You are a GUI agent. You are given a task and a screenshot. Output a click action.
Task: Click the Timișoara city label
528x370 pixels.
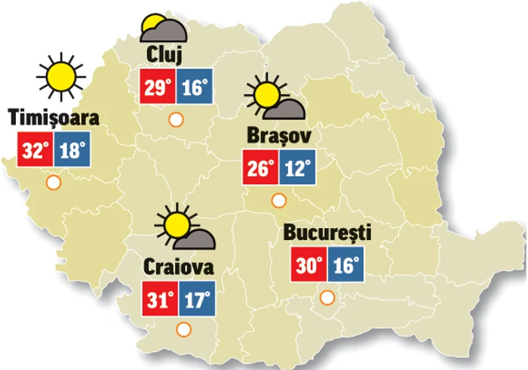click(x=54, y=118)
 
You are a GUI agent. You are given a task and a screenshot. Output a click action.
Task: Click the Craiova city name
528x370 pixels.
click(x=178, y=268)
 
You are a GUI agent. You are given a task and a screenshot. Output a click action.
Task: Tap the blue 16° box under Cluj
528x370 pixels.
click(x=194, y=87)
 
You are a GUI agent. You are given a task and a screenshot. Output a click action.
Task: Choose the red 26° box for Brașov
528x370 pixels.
click(x=260, y=167)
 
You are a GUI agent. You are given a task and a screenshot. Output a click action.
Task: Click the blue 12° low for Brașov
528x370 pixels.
click(x=296, y=167)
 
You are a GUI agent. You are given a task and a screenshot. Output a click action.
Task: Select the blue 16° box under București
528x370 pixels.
click(x=345, y=266)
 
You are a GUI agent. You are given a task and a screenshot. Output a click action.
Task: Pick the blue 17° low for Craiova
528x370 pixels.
click(x=197, y=299)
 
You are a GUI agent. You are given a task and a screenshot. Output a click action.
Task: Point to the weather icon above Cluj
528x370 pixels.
click(x=162, y=29)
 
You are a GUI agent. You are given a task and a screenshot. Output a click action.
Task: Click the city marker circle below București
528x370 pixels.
click(x=327, y=298)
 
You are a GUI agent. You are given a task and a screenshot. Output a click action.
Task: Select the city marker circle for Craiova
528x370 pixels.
click(x=183, y=329)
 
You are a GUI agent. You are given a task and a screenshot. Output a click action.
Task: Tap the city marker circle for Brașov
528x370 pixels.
click(x=278, y=200)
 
